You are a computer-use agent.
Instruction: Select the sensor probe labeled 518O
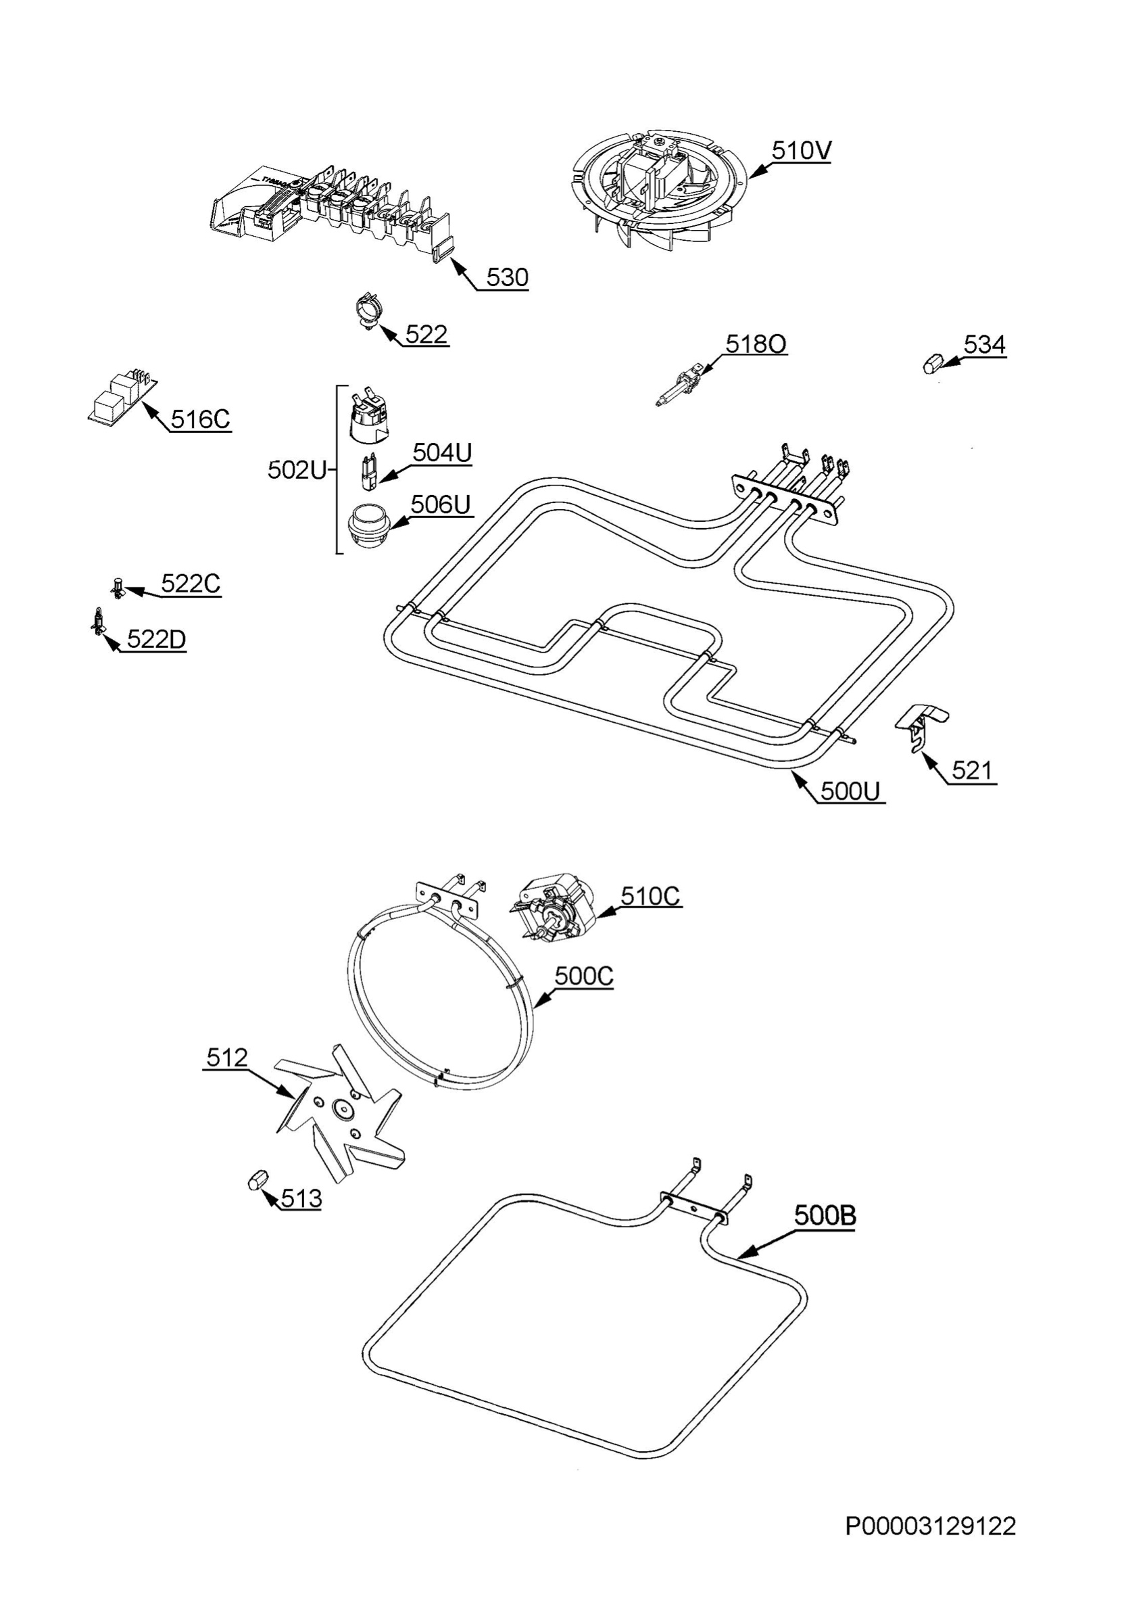pyautogui.click(x=678, y=384)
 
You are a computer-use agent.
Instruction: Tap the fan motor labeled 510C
pyautogui.click(x=556, y=908)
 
